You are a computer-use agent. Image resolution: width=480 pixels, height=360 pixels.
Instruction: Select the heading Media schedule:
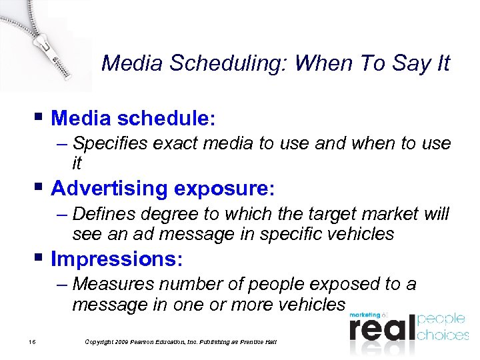tap(133, 119)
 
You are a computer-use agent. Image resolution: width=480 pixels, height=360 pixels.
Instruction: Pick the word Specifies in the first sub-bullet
tap(111, 143)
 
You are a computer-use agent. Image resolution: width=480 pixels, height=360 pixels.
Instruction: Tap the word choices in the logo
tap(443, 334)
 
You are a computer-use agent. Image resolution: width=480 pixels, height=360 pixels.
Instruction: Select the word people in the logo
tap(441, 319)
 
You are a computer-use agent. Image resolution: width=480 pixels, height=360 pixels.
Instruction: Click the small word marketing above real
tap(364, 315)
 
